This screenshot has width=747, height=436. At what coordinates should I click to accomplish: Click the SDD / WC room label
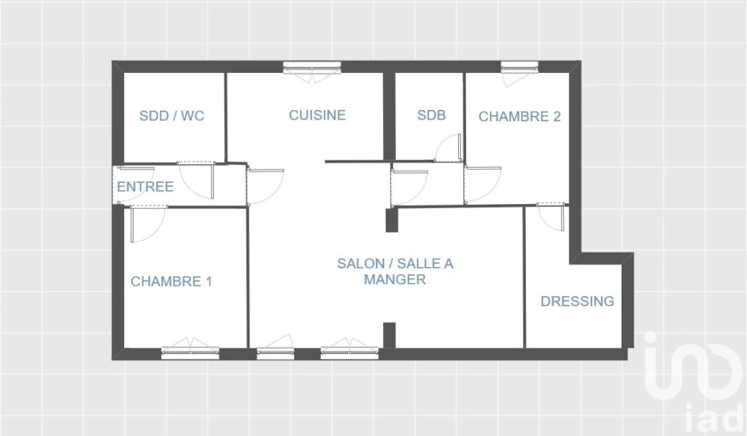171,116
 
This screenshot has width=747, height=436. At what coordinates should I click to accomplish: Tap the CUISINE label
317,114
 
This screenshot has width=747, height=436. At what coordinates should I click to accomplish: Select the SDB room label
431,114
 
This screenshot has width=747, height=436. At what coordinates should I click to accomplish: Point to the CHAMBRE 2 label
519,116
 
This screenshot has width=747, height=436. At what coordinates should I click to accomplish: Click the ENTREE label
145,187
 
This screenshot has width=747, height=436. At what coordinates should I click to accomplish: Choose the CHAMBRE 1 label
171,281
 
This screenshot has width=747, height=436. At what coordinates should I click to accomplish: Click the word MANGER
395,279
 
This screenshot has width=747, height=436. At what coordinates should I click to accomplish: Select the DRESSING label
578,301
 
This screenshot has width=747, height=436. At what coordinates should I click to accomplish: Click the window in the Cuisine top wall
312,70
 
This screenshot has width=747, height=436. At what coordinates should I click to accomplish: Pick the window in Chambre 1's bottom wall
190,349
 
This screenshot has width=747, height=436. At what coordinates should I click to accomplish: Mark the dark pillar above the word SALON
392,220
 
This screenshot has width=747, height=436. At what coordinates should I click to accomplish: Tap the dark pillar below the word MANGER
390,335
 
